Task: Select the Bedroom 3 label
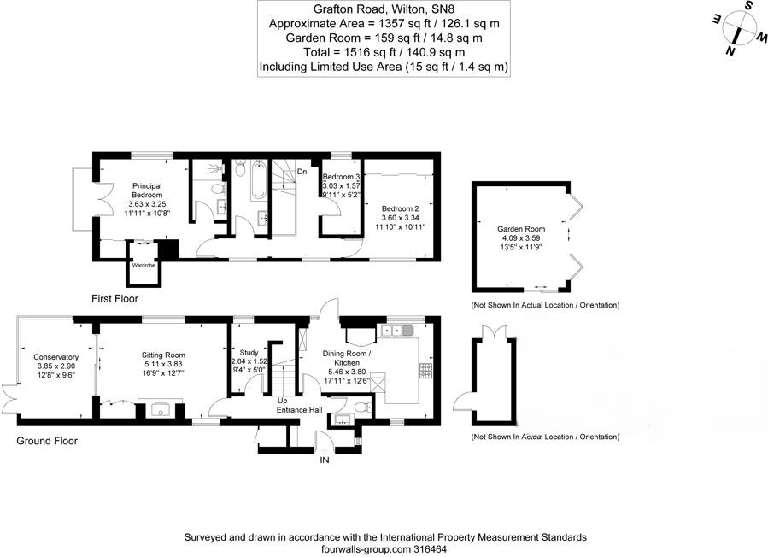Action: (341, 176)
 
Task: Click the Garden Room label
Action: (521, 229)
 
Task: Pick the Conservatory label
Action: (56, 357)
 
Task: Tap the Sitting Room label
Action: (163, 355)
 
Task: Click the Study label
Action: (249, 352)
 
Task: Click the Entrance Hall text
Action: (298, 411)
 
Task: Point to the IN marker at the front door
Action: (324, 460)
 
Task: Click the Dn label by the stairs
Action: (302, 172)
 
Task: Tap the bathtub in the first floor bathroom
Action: (259, 180)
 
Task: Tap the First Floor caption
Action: (114, 299)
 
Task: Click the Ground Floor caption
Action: (47, 441)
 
